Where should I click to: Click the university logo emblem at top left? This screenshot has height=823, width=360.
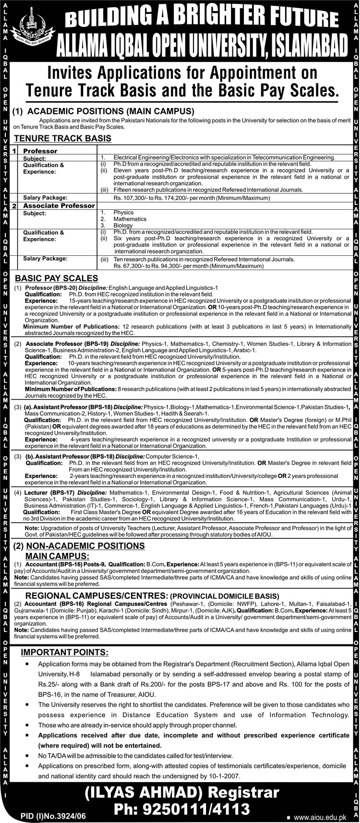coord(32,29)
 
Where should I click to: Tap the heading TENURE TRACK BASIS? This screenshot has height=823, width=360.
coord(63,139)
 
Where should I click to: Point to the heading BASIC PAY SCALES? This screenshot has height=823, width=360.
coord(57,278)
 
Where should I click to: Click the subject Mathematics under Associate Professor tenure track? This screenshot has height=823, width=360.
coord(130,219)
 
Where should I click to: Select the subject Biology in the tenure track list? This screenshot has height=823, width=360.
coord(123,225)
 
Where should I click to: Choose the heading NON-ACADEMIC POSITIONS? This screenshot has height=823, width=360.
coord(85,546)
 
